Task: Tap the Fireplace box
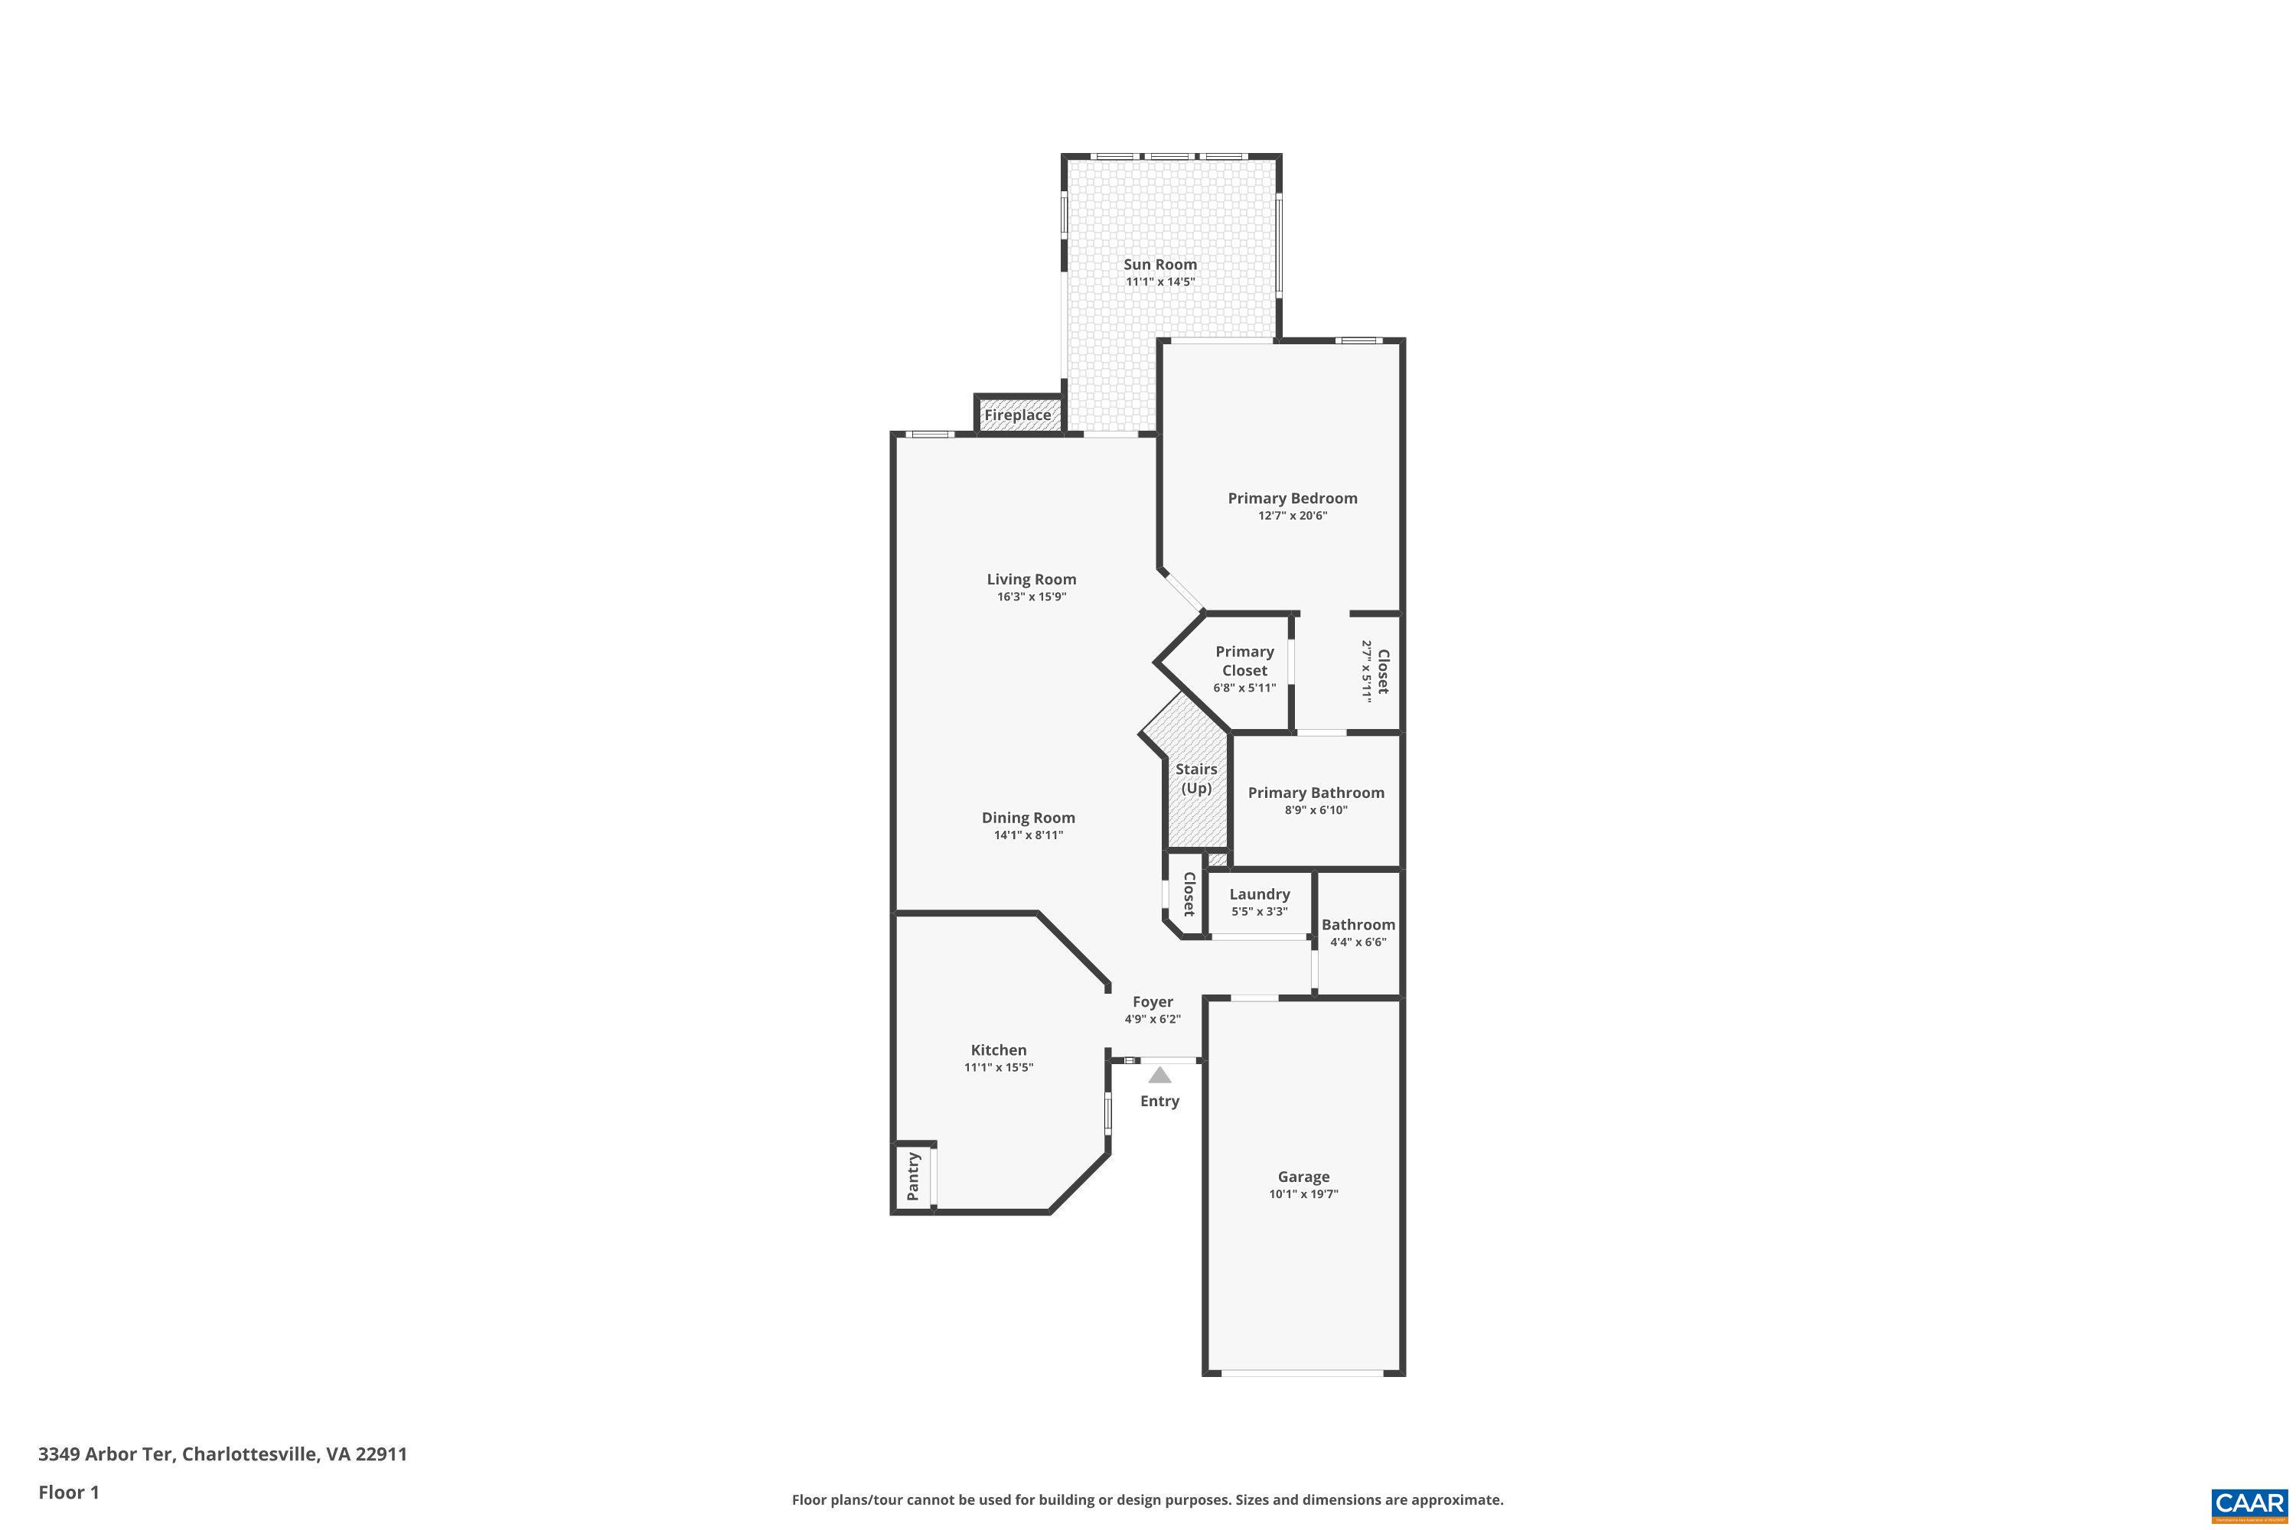coord(1018,414)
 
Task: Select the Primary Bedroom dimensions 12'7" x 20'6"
coord(1293,515)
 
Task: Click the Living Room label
coord(1031,580)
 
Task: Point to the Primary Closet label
coord(1244,661)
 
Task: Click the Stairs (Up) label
coord(1195,779)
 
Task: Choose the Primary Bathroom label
coord(1316,793)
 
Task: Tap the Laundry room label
coord(1259,894)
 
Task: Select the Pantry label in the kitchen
coord(913,1177)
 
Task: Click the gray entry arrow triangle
coord(1159,1076)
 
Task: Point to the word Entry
coord(1159,1102)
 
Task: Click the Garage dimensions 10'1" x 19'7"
coord(1303,1193)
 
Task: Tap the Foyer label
coord(1153,1001)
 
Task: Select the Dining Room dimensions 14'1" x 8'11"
coord(1028,835)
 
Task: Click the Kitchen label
coord(999,1050)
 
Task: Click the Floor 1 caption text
coord(68,1492)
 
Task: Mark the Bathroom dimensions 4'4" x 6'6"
coord(1358,942)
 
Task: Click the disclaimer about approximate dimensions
coord(1147,1499)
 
